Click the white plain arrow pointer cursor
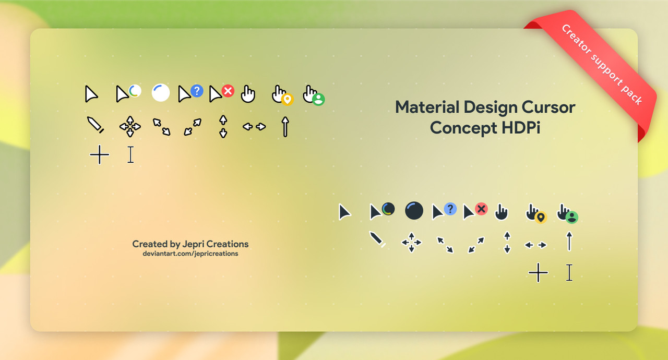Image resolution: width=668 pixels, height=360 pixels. tap(90, 94)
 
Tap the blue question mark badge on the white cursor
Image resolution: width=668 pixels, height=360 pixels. tap(197, 91)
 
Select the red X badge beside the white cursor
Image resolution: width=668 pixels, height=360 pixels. tap(228, 91)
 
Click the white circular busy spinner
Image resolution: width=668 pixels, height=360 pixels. tap(161, 93)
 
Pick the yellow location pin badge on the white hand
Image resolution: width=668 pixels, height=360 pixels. tap(288, 100)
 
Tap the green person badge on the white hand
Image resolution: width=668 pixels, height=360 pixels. tap(318, 100)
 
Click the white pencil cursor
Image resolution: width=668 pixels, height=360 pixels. tap(96, 125)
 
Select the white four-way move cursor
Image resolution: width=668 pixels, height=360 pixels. tap(130, 127)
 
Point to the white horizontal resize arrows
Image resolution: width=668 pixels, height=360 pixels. tap(254, 127)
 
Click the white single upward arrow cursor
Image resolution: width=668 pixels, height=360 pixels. tap(285, 127)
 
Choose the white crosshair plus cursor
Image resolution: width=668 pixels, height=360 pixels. tap(99, 154)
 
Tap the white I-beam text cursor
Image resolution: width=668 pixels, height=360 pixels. tap(130, 154)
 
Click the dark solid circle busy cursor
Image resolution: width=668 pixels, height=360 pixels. tap(414, 211)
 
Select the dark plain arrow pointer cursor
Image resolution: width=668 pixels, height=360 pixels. tap(344, 212)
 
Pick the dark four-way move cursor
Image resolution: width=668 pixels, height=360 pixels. tap(412, 242)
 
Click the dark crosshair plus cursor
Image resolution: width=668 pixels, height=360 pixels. tap(538, 272)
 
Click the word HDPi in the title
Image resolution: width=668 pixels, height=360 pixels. tap(521, 128)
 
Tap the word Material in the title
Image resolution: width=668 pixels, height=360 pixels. tap(427, 107)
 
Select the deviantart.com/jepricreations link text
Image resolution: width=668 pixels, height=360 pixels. tap(190, 254)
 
